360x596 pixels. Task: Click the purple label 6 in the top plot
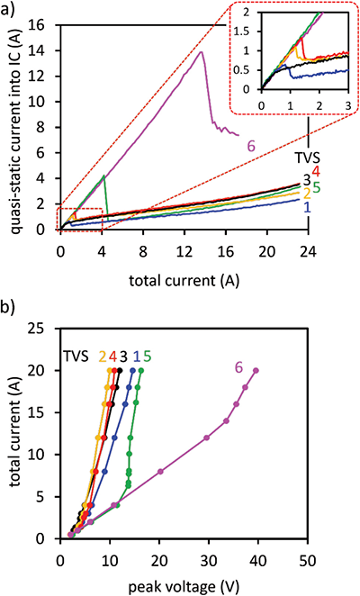click(x=253, y=144)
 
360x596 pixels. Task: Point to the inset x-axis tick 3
click(x=348, y=105)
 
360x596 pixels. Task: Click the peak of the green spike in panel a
click(x=105, y=176)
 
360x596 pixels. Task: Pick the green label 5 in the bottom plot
click(x=146, y=355)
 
